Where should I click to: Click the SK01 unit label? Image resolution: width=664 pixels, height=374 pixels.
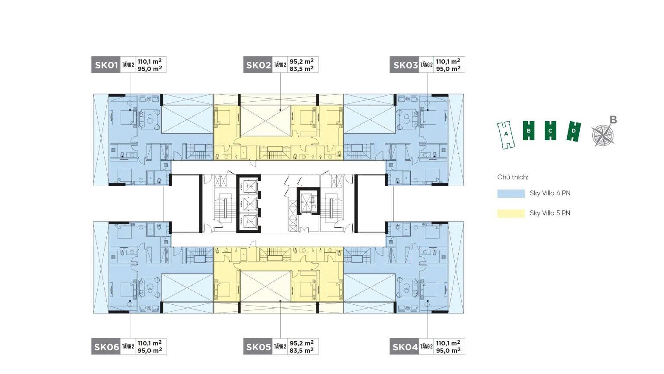[x=106, y=64]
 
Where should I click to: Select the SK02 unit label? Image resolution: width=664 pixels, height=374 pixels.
[x=258, y=64]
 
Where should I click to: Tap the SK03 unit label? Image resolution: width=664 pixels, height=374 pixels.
[x=404, y=64]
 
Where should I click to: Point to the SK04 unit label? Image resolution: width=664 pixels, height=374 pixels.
[x=404, y=346]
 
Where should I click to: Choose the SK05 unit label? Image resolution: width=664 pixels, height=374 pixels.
[x=258, y=346]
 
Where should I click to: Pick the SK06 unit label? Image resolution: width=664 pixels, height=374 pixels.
[x=106, y=346]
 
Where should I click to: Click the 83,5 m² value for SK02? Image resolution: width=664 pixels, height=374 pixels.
[x=302, y=68]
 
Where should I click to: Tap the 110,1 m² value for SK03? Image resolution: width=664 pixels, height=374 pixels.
[x=448, y=61]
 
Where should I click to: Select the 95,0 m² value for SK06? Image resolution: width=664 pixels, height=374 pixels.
[x=150, y=350]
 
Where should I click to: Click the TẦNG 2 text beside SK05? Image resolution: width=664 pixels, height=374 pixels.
[x=280, y=346]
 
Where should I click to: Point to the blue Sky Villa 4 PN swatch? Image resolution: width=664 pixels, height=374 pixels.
[x=511, y=193]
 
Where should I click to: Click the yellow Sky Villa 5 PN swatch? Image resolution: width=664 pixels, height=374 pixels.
[x=511, y=213]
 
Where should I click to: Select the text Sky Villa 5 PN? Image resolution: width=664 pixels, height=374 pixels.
[x=550, y=213]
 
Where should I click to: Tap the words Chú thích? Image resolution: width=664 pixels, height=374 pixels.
[x=513, y=177]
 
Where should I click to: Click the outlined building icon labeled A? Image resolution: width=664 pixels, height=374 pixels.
[x=506, y=135]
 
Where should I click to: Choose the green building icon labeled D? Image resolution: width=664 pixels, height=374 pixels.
[x=574, y=131]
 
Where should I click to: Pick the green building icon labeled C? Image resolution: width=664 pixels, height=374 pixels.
[x=550, y=131]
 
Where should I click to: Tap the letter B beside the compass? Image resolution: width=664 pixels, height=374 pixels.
[x=613, y=119]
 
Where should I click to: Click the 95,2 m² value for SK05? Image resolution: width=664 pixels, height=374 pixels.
[x=302, y=343]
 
